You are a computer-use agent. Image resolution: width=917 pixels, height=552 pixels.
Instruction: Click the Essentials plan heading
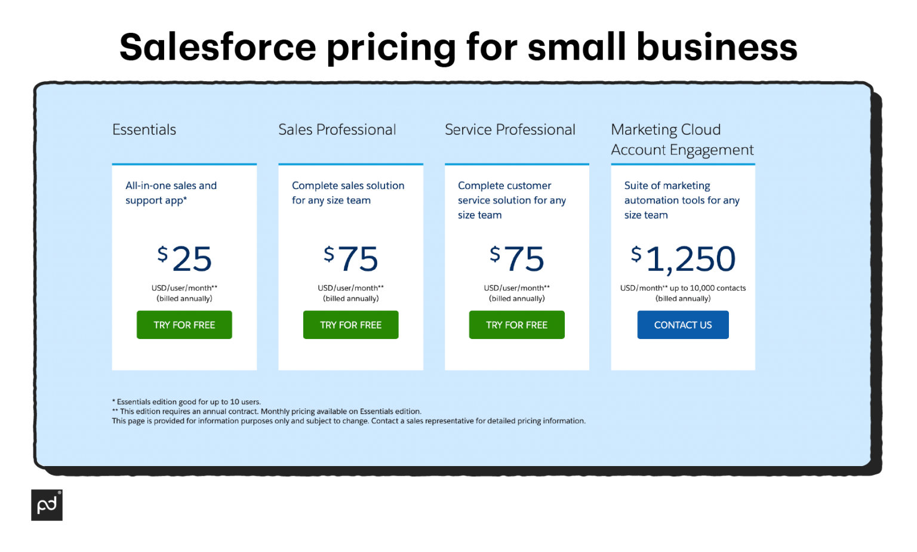[x=144, y=129]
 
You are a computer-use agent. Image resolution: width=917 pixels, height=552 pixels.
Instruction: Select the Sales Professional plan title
[x=337, y=129]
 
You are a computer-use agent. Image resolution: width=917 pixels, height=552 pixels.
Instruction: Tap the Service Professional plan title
[x=510, y=129]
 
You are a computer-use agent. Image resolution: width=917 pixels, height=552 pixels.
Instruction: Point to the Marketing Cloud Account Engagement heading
[x=682, y=140]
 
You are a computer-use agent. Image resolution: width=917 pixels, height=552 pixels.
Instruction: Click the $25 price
[x=184, y=259]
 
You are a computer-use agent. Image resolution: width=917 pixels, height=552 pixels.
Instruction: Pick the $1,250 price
[x=683, y=259]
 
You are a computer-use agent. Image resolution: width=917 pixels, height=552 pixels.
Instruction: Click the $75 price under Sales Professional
[x=351, y=259]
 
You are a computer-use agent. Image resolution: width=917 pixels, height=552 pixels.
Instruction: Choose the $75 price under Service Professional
[x=517, y=259]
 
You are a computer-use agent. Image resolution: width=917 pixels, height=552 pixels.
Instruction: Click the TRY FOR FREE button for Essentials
[x=184, y=325]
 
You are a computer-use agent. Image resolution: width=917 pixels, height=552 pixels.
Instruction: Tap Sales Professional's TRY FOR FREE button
[x=351, y=325]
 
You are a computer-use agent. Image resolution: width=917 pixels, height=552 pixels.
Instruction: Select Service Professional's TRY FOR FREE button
[x=517, y=325]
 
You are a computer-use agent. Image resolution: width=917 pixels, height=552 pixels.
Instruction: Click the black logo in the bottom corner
[x=47, y=505]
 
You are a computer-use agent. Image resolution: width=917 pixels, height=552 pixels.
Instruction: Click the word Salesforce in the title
[x=218, y=47]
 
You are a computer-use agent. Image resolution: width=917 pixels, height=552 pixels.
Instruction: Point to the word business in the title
[x=716, y=47]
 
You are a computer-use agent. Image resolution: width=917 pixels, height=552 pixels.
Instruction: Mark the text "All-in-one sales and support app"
[x=171, y=193]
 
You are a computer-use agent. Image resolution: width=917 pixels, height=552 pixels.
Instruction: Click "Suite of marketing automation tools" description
[x=682, y=200]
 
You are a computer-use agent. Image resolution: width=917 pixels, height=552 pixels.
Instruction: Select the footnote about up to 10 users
[x=186, y=402]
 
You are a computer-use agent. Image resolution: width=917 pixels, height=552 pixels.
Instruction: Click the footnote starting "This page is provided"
[x=349, y=421]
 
